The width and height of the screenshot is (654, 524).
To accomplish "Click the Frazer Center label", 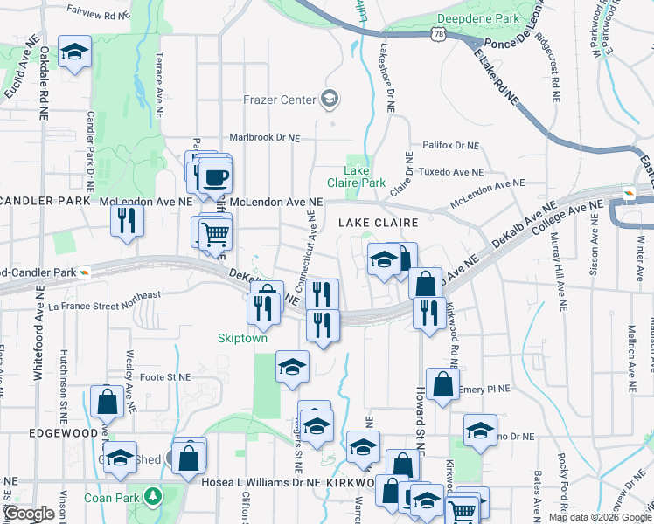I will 279,100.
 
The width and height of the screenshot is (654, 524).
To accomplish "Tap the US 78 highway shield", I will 435,34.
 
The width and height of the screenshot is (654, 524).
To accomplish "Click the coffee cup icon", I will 214,177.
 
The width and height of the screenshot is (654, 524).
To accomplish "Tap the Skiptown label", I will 242,337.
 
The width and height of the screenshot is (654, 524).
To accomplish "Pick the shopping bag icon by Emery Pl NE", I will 443,383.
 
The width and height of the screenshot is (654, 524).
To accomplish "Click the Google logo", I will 29,514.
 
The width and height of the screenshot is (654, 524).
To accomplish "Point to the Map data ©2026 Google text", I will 600,517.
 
